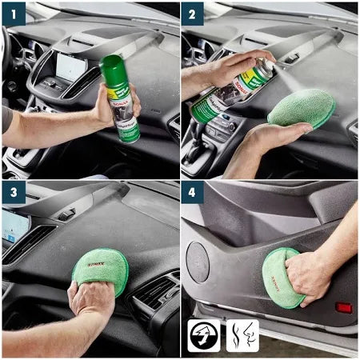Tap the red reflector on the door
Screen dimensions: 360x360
tap(343, 306)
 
